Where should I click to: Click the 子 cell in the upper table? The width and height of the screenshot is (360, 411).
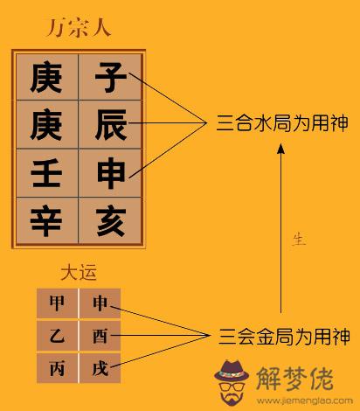(x=110, y=77)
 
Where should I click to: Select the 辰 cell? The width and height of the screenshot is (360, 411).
(x=110, y=124)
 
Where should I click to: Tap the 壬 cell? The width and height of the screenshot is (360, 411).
(x=47, y=173)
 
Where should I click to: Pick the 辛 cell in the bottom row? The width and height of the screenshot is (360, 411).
(x=47, y=220)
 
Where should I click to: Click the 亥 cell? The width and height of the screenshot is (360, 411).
(x=110, y=220)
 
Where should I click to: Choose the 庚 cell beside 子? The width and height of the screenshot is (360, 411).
(x=47, y=77)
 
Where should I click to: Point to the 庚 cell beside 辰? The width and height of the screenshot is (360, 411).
(x=47, y=124)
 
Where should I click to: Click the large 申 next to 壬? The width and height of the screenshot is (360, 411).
(x=110, y=173)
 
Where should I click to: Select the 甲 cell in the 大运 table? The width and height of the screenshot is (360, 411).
(x=57, y=303)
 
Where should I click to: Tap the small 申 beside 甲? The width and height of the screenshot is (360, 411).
(x=100, y=303)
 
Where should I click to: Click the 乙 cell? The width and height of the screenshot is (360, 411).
(x=57, y=336)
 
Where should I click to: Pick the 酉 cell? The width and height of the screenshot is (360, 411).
(x=100, y=336)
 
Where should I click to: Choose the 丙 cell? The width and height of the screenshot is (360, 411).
(x=57, y=368)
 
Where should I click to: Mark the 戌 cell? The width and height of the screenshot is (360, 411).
(x=100, y=368)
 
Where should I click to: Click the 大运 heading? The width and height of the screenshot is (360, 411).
(x=79, y=272)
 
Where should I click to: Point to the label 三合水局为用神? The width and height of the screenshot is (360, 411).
(x=282, y=123)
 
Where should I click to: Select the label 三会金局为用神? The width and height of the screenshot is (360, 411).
(x=284, y=337)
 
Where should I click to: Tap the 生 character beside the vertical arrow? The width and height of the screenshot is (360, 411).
(x=299, y=239)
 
